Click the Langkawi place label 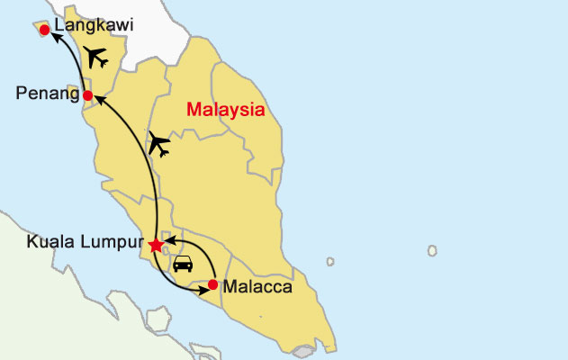tap(94, 26)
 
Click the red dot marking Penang tap(87, 95)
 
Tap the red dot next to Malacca tap(212, 284)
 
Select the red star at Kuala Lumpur tap(156, 245)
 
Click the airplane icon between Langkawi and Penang tap(95, 58)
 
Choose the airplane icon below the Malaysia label tap(161, 142)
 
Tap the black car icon tap(183, 264)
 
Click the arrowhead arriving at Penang tap(99, 101)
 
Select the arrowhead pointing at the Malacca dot tap(202, 288)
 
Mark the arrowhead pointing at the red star tap(167, 241)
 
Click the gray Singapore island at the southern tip tap(304, 350)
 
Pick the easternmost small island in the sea tap(432, 251)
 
